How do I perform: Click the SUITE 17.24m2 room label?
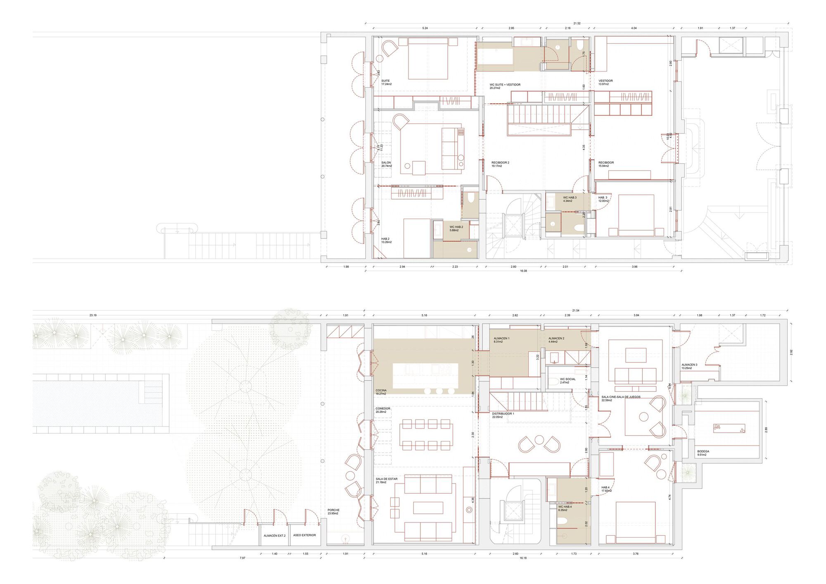(x=386, y=82)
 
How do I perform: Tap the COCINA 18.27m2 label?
(x=381, y=392)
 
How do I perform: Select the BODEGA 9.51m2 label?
(x=703, y=453)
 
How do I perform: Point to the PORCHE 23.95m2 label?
(x=333, y=512)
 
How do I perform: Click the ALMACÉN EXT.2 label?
(x=275, y=536)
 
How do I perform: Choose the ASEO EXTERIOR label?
(x=304, y=535)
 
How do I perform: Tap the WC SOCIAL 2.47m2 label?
(x=567, y=381)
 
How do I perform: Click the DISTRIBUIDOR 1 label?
(x=503, y=415)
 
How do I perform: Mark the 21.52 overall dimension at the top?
(x=576, y=24)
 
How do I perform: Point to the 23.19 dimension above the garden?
(x=93, y=315)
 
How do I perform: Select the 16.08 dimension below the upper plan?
(x=523, y=271)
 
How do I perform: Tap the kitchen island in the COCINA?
(x=425, y=375)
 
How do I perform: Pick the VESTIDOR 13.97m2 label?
(x=605, y=82)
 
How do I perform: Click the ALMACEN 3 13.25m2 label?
(x=689, y=366)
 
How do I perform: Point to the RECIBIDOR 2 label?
(x=500, y=164)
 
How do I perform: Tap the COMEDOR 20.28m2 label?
(x=383, y=410)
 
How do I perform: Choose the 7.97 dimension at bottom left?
(x=242, y=558)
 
